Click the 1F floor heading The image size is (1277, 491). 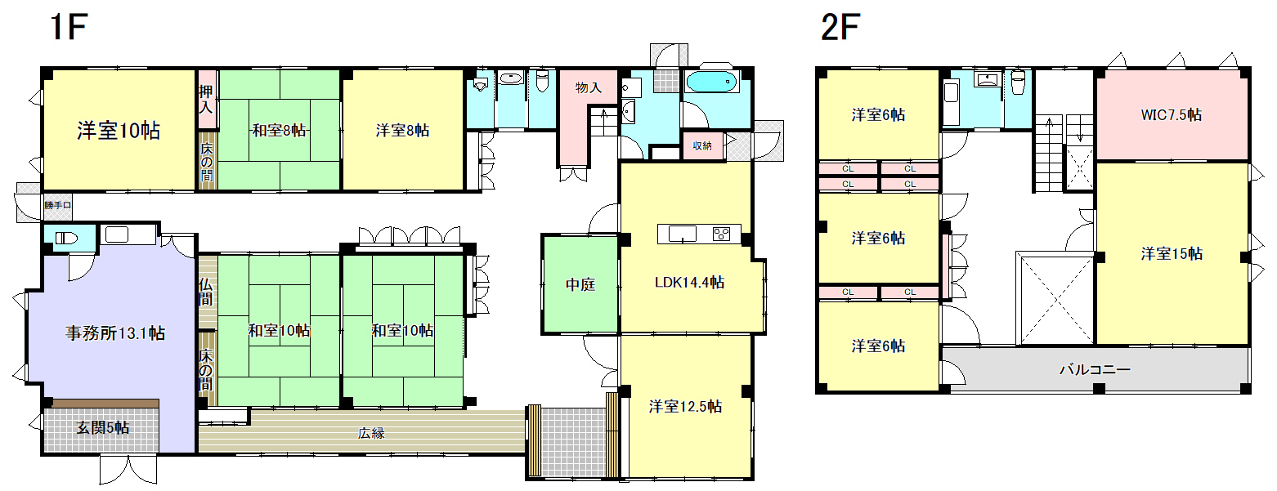[69, 28]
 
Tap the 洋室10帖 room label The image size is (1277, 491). [119, 130]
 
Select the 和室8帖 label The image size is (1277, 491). [279, 130]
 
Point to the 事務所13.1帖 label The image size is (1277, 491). [115, 333]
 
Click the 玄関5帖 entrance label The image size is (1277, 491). [102, 427]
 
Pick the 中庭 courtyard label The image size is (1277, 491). [580, 285]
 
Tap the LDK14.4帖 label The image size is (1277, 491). [688, 283]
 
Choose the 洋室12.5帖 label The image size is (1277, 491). [685, 406]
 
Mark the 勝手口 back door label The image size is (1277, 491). [57, 206]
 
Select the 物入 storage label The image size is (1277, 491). [589, 87]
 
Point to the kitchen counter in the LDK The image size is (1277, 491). [700, 234]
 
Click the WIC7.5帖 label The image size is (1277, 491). [1171, 115]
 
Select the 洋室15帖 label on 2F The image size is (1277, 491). [1172, 253]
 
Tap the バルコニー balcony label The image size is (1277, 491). [1095, 370]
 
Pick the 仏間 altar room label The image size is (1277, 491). [206, 292]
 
